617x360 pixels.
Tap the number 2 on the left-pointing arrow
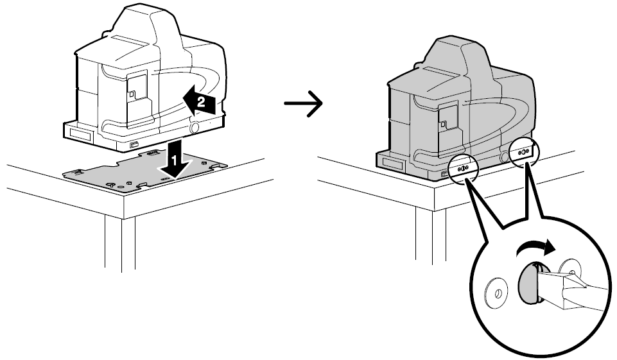tap(201, 102)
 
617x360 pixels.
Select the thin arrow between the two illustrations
tap(304, 103)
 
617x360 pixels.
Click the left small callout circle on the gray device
tap(463, 168)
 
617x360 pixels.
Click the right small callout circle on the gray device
tap(524, 152)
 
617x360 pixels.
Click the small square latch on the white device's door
tap(133, 94)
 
